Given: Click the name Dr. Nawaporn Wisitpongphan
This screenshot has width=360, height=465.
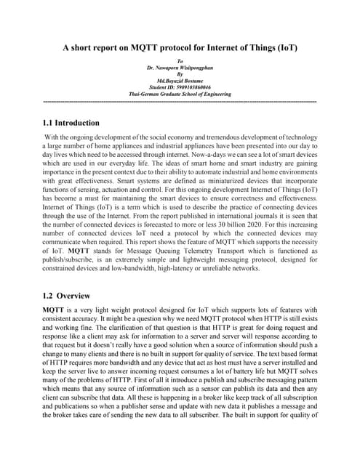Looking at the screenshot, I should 180,68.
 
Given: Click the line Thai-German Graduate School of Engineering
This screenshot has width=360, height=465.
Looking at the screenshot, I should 180,94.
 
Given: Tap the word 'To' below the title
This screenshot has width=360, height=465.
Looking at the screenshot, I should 180,61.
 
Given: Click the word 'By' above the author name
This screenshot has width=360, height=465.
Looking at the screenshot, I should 180,74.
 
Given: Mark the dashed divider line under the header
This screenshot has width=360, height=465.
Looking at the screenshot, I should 180,100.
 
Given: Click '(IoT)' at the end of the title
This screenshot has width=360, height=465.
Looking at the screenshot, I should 285,48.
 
